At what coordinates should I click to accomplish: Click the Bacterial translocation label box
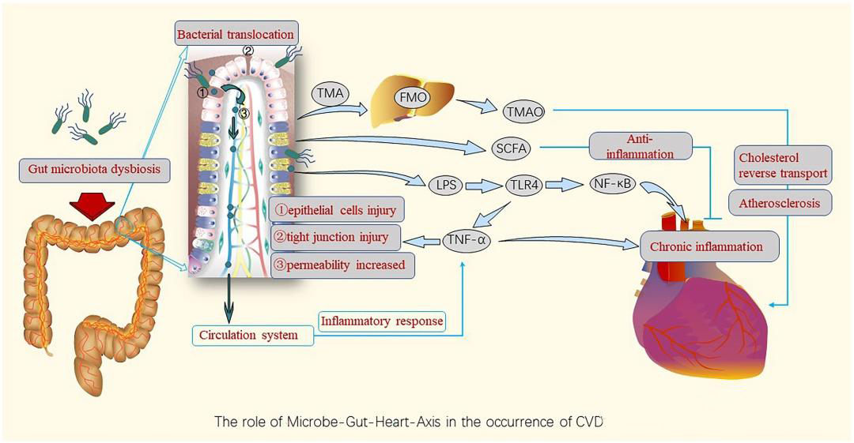tap(235, 34)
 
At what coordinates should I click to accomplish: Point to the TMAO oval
tap(523, 111)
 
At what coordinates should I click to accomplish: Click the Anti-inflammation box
tap(640, 147)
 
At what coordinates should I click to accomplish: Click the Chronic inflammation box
tap(706, 246)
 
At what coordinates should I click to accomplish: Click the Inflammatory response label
tap(381, 321)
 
